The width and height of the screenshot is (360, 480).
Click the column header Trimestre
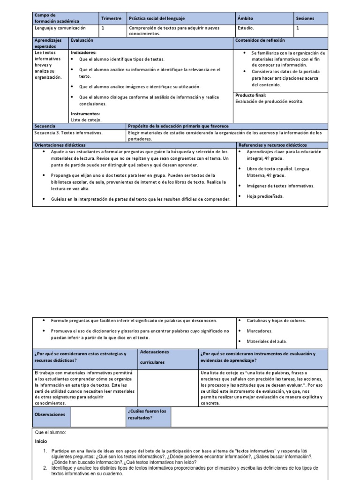[x=112, y=18]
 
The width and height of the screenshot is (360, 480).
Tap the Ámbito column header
[x=245, y=18]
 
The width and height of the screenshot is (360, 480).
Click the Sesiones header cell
[x=305, y=18]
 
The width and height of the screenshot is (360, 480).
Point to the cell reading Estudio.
[x=247, y=28]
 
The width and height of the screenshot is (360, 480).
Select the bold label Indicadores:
[x=83, y=53]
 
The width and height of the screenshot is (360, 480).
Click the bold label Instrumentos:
[x=85, y=113]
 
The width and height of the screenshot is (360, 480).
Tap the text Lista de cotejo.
[x=86, y=120]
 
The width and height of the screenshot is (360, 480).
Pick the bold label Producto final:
[x=250, y=95]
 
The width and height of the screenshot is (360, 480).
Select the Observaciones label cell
[x=50, y=414]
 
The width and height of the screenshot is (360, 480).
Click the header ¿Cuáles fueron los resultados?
[x=147, y=414]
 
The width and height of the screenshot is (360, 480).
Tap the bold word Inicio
[x=41, y=442]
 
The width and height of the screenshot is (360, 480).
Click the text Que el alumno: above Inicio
[x=50, y=432]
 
